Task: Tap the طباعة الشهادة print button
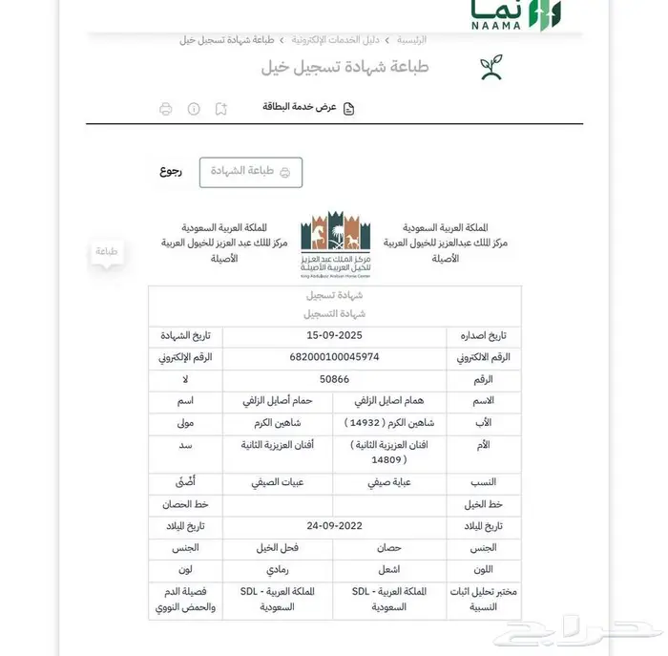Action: (x=250, y=172)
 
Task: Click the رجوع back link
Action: (x=171, y=172)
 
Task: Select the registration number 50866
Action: (x=334, y=379)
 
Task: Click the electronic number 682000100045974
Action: (x=334, y=357)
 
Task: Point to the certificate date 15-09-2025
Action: (x=334, y=335)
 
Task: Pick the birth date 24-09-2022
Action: (x=334, y=526)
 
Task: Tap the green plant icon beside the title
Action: (x=491, y=68)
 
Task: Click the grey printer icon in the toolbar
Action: (x=165, y=109)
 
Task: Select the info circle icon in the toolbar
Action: (x=194, y=109)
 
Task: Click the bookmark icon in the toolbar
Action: (x=221, y=109)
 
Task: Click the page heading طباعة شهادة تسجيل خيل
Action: (x=344, y=68)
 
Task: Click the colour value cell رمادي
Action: (x=276, y=570)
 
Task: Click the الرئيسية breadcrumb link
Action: (x=411, y=40)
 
